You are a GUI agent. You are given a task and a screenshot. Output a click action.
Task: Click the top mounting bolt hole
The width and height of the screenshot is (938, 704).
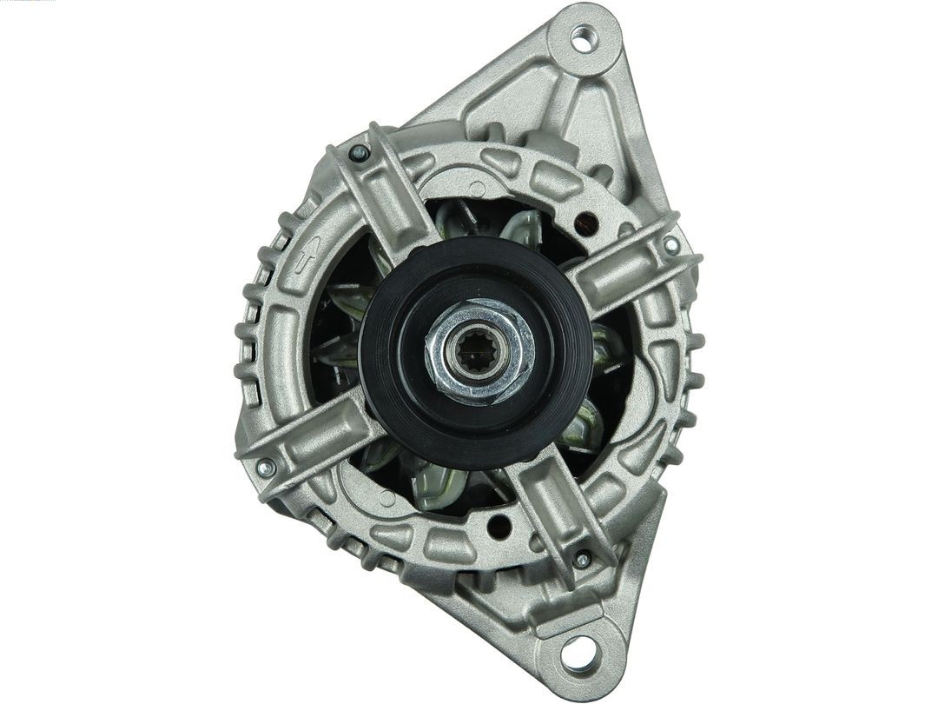point(581,37)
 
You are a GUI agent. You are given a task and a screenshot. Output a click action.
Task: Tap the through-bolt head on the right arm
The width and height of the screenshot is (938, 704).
point(671,245)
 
